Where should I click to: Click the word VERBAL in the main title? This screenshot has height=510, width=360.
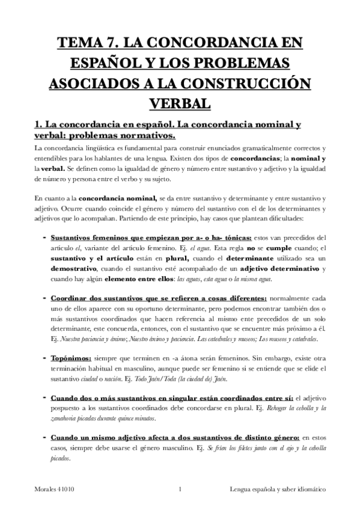click(x=180, y=103)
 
